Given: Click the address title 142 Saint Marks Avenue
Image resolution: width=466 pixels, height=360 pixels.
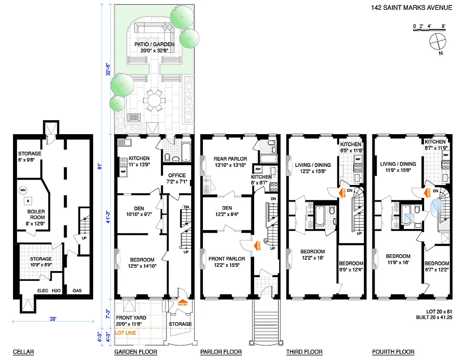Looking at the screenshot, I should coord(411,8).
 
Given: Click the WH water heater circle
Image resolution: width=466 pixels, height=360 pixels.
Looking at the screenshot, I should coord(23,190).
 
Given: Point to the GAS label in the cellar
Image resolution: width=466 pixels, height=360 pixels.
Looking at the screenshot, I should coord(77,291).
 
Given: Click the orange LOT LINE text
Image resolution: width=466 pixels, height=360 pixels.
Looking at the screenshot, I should coord(125,333).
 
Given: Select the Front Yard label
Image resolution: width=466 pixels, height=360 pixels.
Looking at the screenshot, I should coord(130,318).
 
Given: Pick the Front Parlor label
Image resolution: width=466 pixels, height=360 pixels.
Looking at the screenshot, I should coord(227,259).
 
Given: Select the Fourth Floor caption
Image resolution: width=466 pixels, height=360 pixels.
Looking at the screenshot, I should coord(393,352).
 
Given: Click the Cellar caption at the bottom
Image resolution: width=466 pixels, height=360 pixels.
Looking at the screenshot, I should coord(23,352).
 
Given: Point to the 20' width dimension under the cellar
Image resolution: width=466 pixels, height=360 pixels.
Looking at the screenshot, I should coord(53,319).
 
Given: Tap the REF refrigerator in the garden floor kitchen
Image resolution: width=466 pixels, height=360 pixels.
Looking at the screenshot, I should coord(123,171).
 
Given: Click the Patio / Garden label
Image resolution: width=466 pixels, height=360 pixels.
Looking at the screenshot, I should coord(154,45).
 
